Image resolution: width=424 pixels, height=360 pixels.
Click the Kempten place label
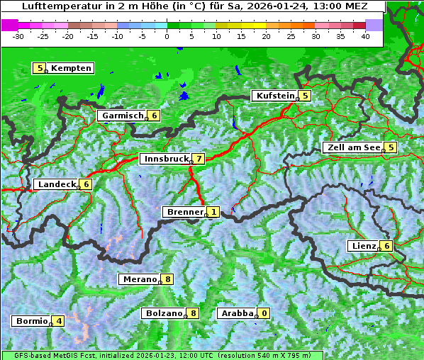click(x=71, y=69)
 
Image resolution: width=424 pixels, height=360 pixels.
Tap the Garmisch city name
click(x=123, y=116)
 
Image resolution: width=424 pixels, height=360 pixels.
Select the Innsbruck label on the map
click(x=166, y=159)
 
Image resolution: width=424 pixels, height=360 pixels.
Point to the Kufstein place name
click(x=275, y=96)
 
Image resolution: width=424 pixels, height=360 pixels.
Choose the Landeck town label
click(x=57, y=184)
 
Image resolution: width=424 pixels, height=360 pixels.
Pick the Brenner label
click(x=185, y=212)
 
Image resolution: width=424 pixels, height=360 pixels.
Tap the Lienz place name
click(x=363, y=246)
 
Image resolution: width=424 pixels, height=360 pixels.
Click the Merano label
click(x=140, y=279)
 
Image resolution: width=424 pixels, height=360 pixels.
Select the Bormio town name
click(x=32, y=321)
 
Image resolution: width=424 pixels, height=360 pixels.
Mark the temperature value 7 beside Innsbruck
click(x=200, y=159)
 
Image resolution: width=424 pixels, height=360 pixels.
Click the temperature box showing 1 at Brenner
click(x=213, y=212)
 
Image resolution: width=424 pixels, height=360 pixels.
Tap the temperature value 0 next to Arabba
click(x=264, y=313)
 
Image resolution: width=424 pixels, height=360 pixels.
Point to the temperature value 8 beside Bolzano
click(x=193, y=313)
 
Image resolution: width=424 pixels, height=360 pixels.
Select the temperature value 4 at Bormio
click(x=59, y=321)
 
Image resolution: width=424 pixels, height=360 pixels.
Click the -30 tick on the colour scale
click(x=18, y=36)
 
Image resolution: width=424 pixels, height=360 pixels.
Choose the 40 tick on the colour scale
click(x=365, y=36)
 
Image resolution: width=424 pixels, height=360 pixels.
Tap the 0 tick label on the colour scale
click(x=167, y=36)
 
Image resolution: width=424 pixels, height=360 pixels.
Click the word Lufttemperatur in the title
click(x=53, y=6)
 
